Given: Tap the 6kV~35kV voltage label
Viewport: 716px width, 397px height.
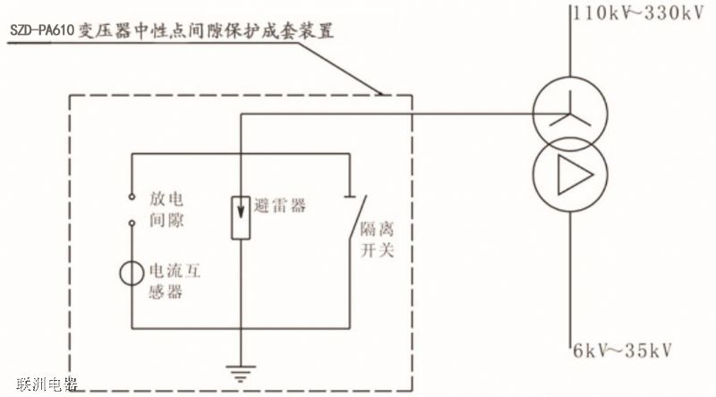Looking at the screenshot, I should (x=620, y=348).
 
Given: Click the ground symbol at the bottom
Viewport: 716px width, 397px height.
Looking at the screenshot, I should (x=237, y=371).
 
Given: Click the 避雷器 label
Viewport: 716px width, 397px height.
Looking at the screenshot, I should (x=280, y=206).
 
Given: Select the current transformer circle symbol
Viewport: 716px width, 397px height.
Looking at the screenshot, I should (x=132, y=271).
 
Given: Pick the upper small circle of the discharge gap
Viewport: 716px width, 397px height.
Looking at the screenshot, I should (x=132, y=196).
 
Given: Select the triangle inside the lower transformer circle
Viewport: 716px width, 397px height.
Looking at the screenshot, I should (x=566, y=174).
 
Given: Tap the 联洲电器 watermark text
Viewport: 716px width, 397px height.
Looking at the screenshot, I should (x=42, y=385).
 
